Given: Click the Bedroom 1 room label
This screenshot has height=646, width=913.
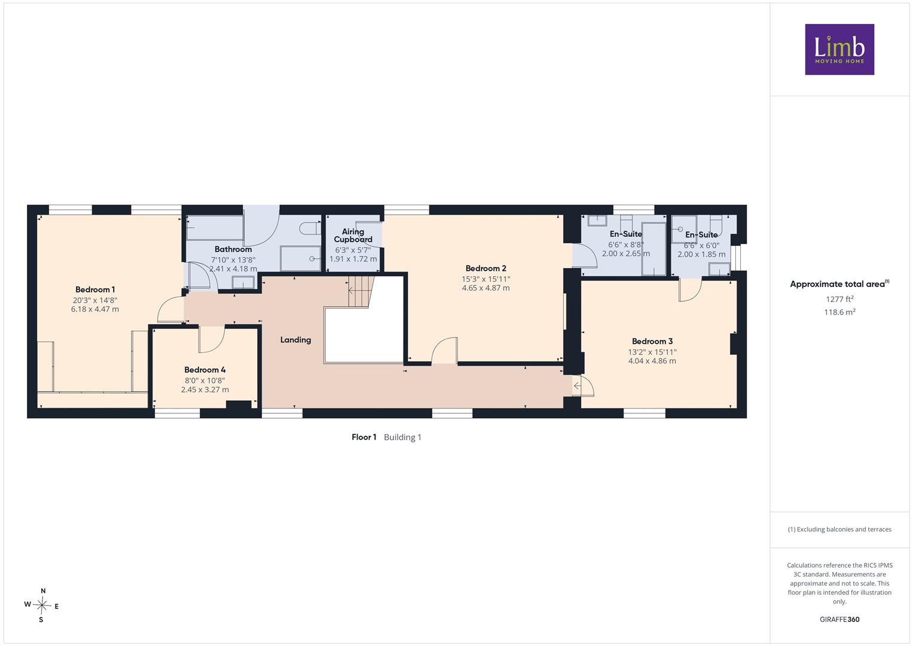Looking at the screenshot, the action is tap(95, 290).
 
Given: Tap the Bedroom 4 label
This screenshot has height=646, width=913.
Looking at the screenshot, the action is tap(204, 370).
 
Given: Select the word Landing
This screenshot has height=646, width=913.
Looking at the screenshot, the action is tap(295, 340).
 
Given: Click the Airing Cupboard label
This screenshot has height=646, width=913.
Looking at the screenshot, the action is tap(353, 235).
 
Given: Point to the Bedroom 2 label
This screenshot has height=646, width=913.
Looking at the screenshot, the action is tap(486, 269).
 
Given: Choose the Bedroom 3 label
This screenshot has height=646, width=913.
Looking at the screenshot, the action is tap(652, 342).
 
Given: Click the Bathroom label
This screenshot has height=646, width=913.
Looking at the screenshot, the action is tap(233, 249).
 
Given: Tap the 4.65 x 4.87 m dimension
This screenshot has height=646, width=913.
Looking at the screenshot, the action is tap(486, 288).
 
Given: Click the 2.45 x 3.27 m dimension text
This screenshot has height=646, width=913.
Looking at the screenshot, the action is tap(205, 389).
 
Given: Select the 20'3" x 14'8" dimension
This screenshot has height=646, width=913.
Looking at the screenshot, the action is tap(95, 300).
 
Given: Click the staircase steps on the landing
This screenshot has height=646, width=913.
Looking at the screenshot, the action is tap(361, 292).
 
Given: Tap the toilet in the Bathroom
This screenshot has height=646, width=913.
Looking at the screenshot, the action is tap(310, 228).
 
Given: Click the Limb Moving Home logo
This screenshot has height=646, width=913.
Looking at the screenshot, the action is tap(839, 49).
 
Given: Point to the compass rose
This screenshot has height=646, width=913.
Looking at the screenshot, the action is tap(42, 605).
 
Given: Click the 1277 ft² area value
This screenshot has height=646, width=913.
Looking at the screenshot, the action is tap(839, 299).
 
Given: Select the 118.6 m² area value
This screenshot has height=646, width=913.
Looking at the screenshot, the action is tap(839, 312).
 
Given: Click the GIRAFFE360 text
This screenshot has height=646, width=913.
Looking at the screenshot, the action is tap(839, 619).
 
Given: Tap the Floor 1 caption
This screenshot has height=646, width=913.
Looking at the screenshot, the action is tap(364, 437).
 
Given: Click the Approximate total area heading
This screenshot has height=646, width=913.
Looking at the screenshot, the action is tap(839, 284).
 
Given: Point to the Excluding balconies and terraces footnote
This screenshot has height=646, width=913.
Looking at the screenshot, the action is tap(839, 529).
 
